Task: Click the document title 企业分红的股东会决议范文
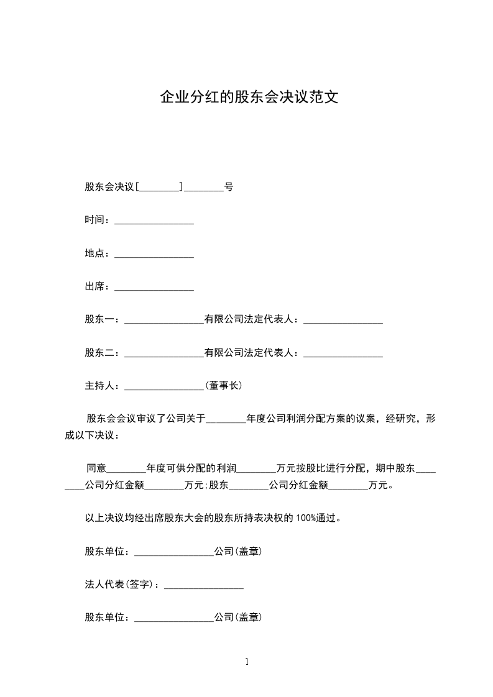[249, 98]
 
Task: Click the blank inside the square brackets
[160, 187]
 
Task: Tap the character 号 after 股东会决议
[229, 186]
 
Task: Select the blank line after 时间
[154, 221]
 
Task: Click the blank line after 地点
[154, 254]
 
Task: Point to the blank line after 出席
[154, 288]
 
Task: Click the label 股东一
[99, 320]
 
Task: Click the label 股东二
[99, 353]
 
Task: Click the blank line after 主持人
[164, 387]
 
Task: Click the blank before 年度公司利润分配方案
[226, 420]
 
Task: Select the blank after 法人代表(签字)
[203, 585]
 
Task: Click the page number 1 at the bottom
[247, 662]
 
